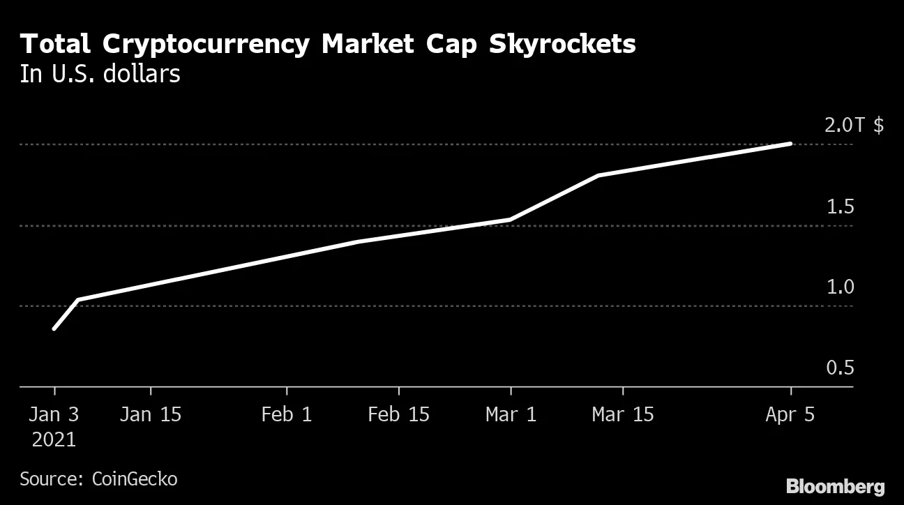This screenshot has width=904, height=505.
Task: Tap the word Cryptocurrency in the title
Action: (x=206, y=45)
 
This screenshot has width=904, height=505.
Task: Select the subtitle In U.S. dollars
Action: (x=100, y=74)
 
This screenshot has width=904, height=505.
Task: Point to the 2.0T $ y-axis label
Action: (x=854, y=126)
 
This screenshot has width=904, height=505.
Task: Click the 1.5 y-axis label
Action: (x=840, y=207)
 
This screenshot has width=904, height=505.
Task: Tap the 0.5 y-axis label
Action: (x=840, y=368)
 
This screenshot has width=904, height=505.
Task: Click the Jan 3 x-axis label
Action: (x=54, y=414)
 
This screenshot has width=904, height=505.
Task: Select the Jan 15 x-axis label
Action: (x=150, y=414)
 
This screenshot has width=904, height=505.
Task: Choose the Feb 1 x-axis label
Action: (x=287, y=414)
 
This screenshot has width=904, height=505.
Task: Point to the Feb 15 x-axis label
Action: (x=398, y=414)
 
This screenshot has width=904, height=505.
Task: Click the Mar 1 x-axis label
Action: (x=511, y=414)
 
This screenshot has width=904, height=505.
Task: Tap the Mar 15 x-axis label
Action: (x=623, y=414)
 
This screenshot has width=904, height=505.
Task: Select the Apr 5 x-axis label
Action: (x=790, y=414)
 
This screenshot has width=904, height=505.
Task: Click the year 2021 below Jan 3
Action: (x=54, y=441)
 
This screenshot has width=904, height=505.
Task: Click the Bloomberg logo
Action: (x=835, y=486)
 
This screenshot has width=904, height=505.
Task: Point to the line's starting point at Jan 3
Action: (x=54, y=329)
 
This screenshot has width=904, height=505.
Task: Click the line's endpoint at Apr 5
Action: (x=790, y=144)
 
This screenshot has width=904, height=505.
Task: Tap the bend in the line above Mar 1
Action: (x=511, y=220)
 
